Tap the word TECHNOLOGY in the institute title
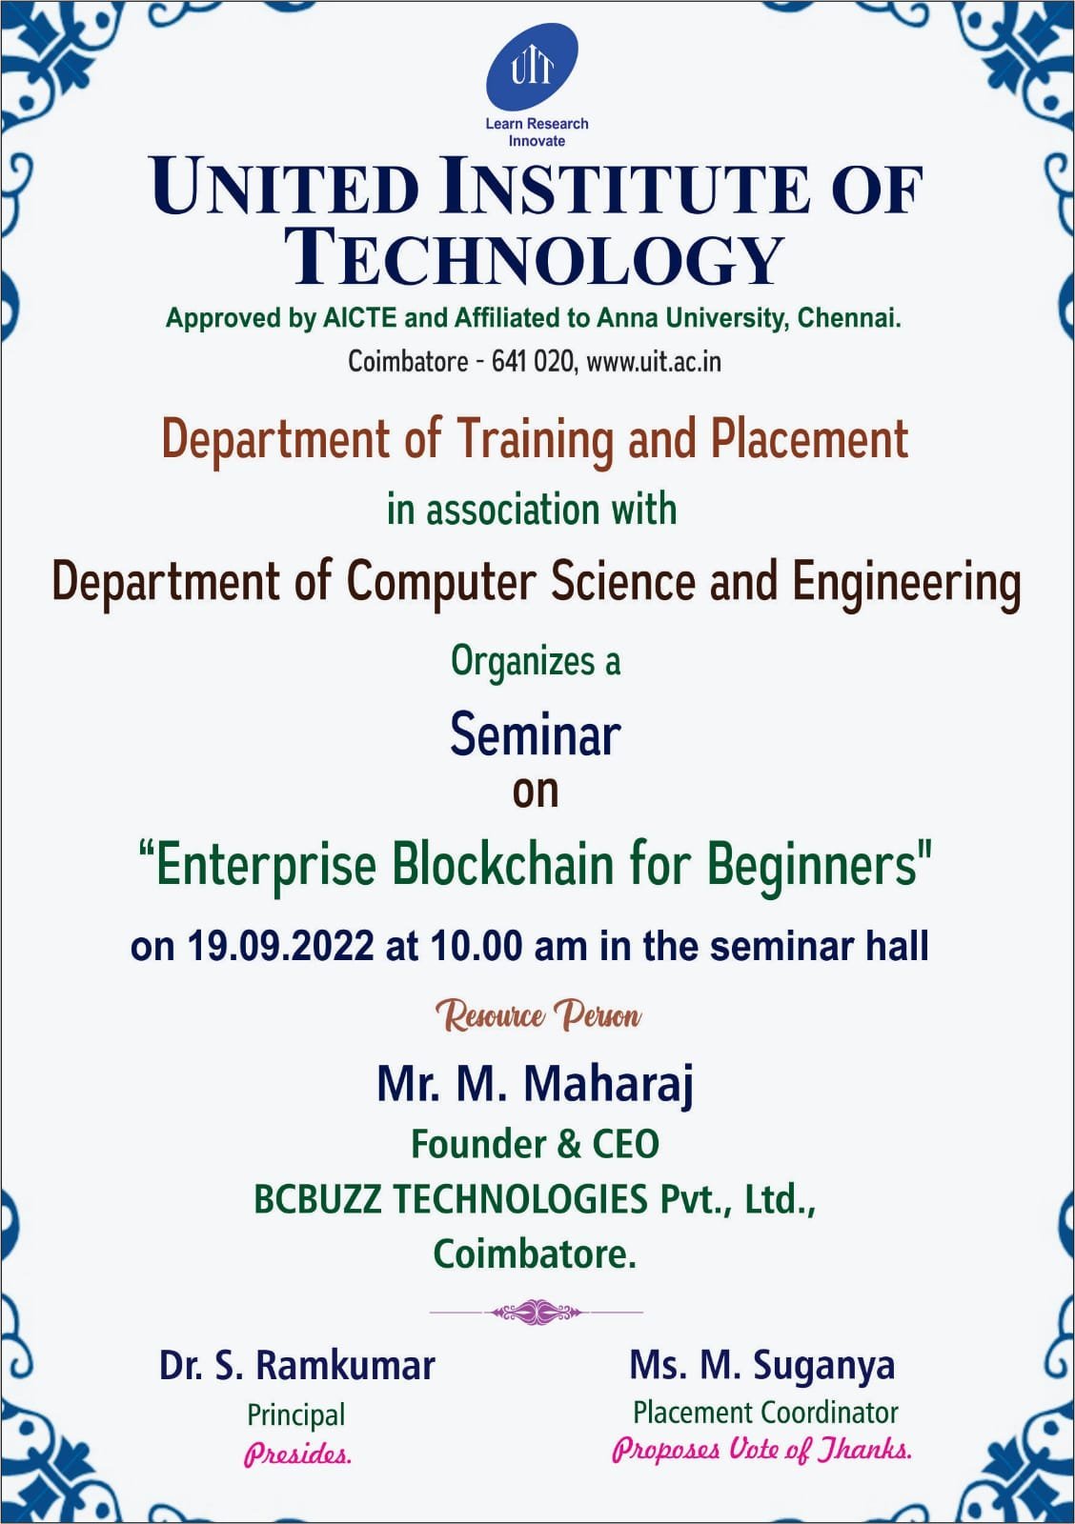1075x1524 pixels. click(535, 259)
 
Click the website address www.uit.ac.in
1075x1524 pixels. click(653, 361)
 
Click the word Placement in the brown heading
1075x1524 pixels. click(809, 439)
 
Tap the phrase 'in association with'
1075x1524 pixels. click(532, 511)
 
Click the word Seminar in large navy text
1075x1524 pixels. click(535, 735)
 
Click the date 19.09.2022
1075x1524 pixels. click(280, 946)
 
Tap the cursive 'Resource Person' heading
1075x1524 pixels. click(537, 1015)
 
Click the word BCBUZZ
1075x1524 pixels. click(317, 1199)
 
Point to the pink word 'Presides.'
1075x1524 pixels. click(297, 1455)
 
